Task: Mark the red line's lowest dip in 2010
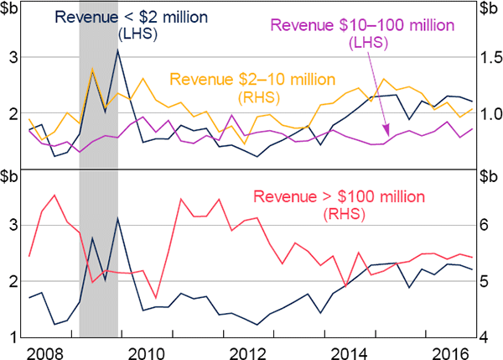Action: click(x=157, y=297)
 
